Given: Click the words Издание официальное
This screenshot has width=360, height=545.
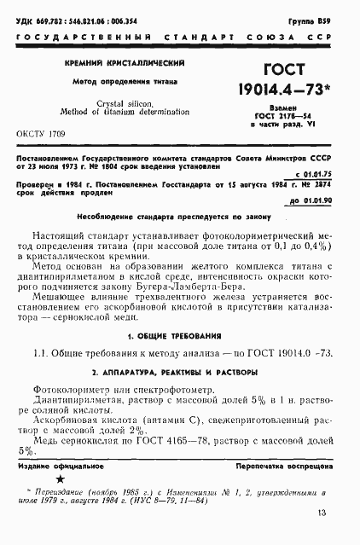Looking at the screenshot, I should [49, 469].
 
